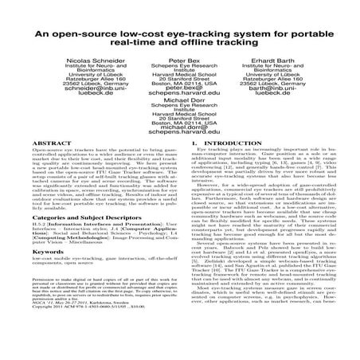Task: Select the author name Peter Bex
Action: coord(179,61)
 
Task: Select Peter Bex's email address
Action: coord(179,104)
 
